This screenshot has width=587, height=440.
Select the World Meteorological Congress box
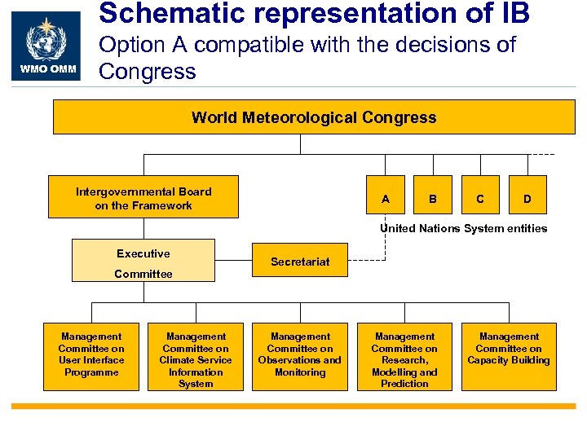314,117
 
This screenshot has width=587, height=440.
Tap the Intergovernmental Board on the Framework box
143,197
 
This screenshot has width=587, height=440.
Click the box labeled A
386,199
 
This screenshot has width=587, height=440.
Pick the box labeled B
433,199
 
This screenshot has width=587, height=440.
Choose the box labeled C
480,199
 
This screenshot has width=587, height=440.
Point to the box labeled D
527,199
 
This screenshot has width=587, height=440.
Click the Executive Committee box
143,261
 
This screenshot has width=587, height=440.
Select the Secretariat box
300,262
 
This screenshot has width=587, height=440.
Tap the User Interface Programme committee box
91,356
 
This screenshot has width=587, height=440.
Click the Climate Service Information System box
196,356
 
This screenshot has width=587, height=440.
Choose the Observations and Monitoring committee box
300,356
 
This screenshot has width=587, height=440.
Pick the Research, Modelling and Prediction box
404,356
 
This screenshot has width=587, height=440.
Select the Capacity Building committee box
509,356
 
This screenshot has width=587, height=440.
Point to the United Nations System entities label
463,228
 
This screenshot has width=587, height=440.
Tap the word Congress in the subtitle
148,71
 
